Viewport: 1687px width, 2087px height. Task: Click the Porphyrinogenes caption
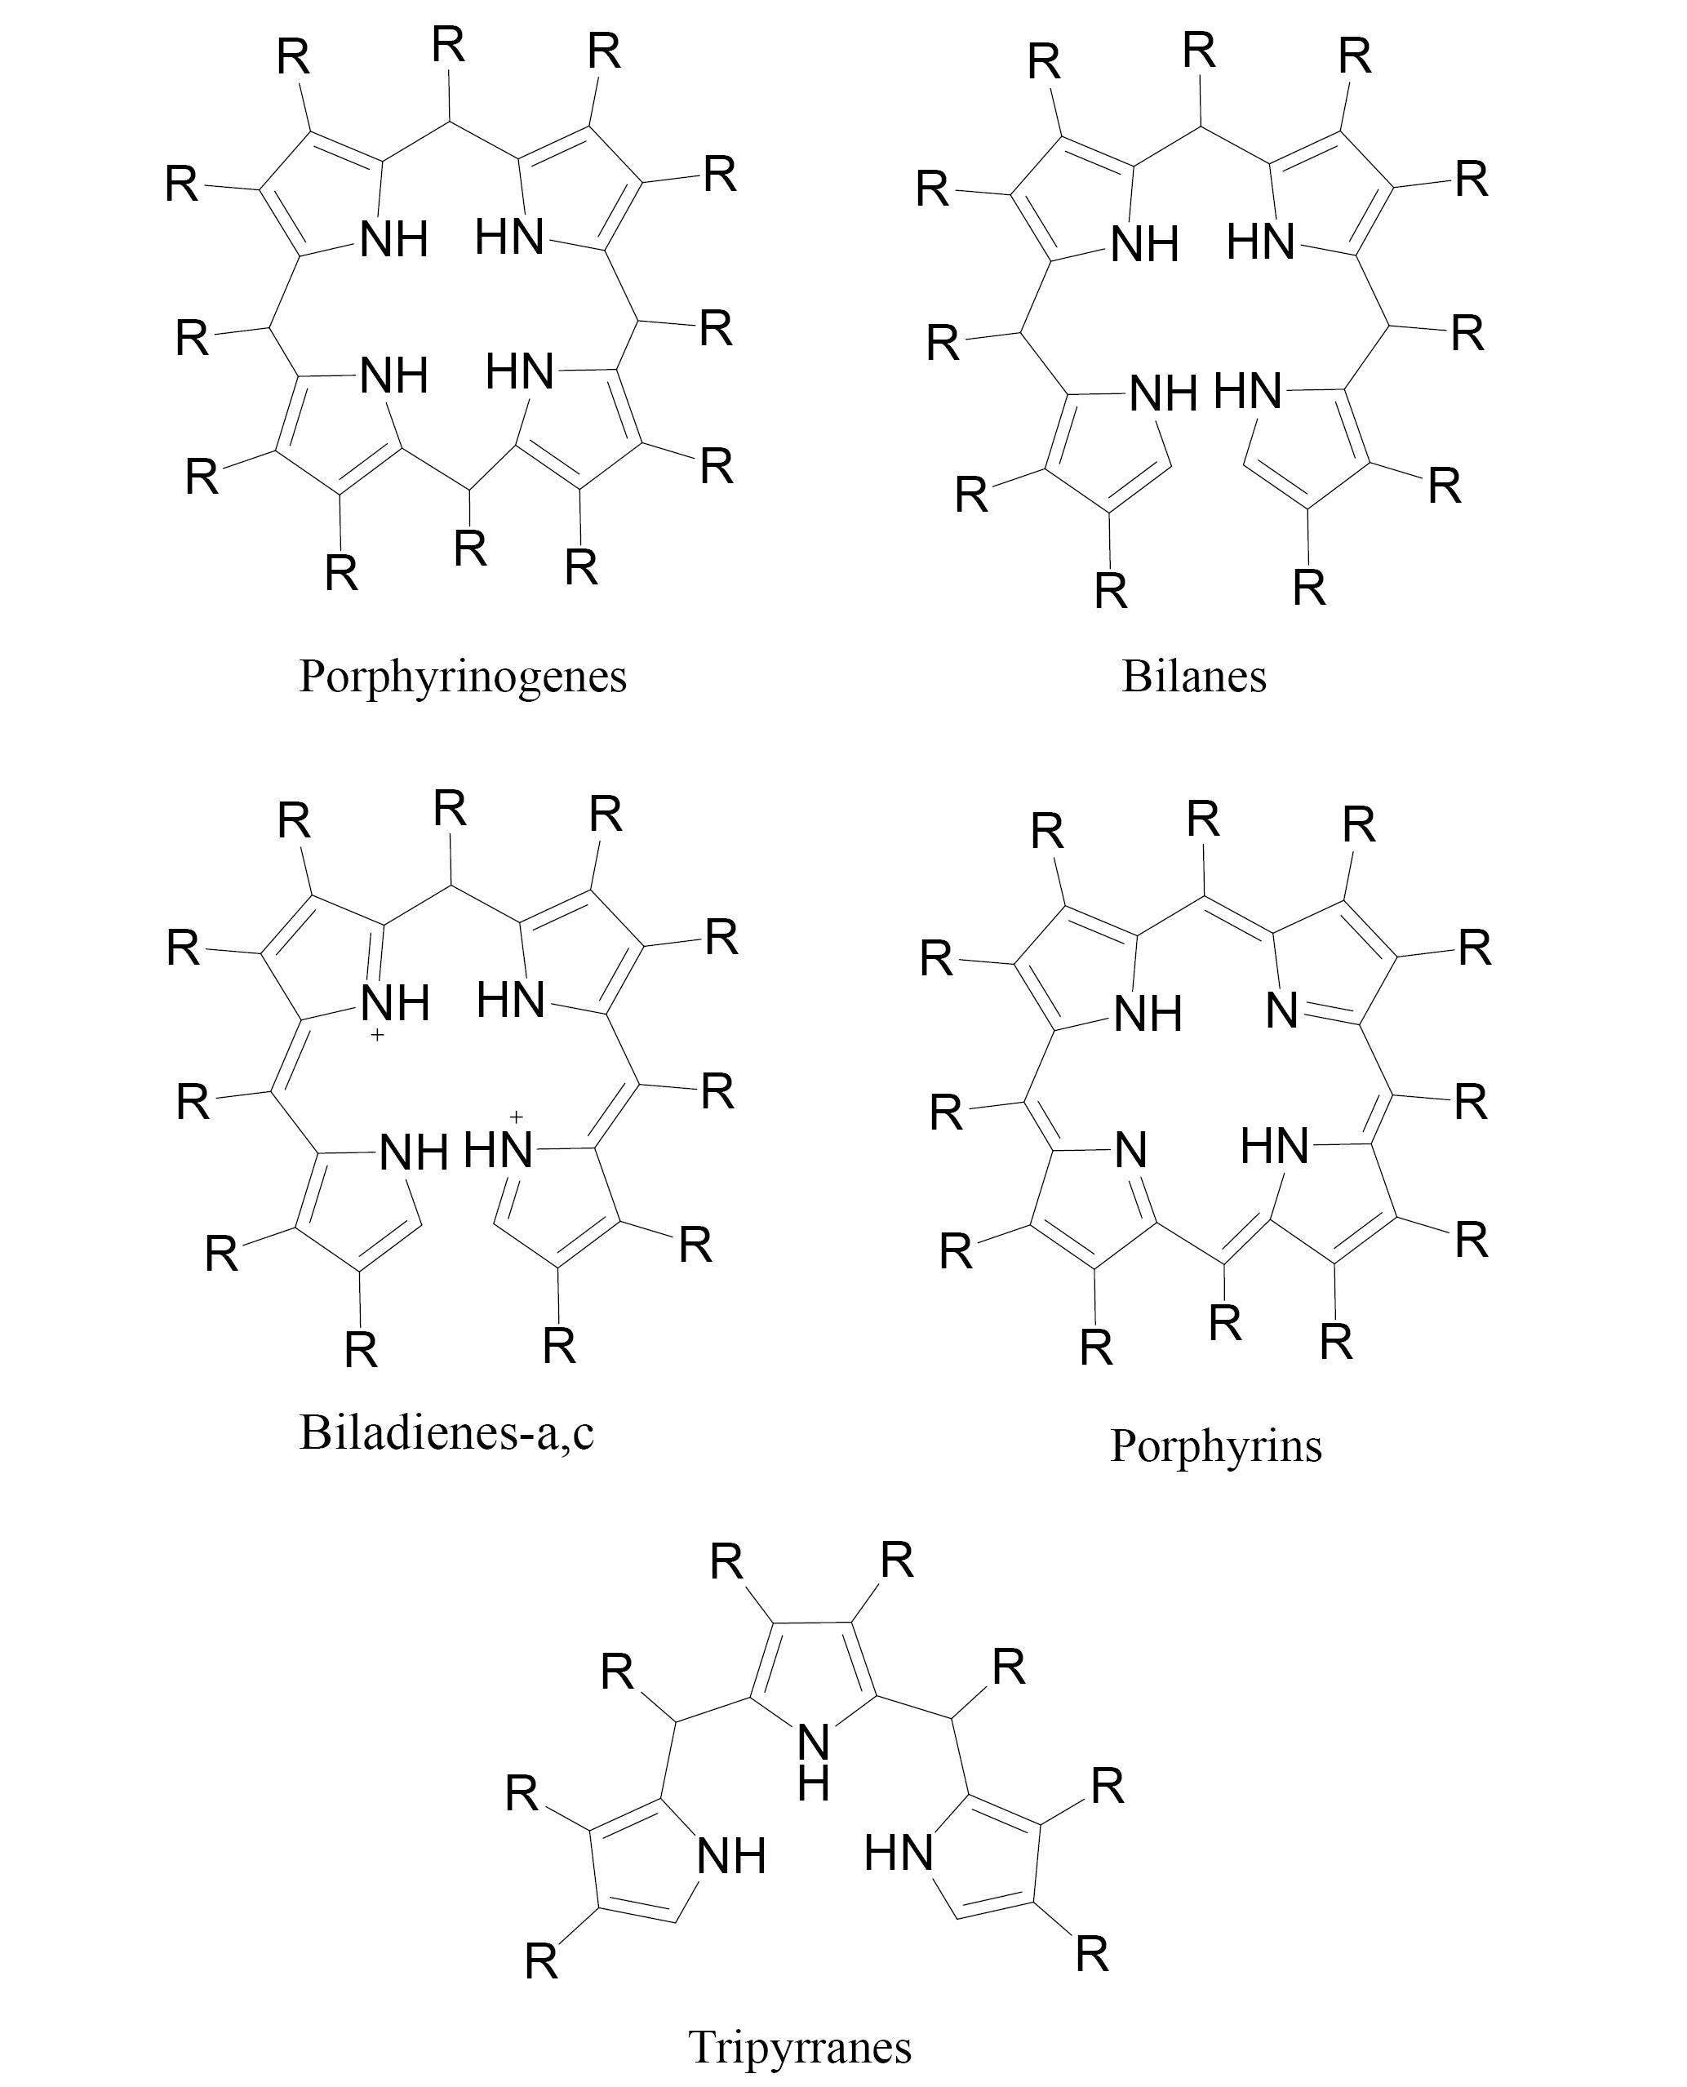click(x=463, y=677)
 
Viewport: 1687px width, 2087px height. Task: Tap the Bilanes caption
click(x=1193, y=677)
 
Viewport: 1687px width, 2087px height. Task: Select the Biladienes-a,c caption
click(x=446, y=1433)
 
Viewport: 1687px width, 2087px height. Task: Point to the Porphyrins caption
click(x=1216, y=1445)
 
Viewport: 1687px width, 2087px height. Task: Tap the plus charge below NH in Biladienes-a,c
click(x=377, y=1036)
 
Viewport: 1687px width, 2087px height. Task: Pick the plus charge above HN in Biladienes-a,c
click(x=516, y=1117)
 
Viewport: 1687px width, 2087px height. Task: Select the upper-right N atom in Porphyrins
click(x=1281, y=1011)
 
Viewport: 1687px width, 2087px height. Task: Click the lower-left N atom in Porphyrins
click(x=1130, y=1150)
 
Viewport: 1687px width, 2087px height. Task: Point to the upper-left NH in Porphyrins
click(x=1147, y=1015)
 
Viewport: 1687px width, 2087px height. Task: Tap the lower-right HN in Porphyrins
click(x=1274, y=1148)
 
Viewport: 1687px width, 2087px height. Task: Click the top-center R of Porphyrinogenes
click(x=449, y=46)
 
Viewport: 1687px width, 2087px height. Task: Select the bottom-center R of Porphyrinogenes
click(x=470, y=549)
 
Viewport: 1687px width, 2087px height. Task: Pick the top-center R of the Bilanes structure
click(x=1199, y=51)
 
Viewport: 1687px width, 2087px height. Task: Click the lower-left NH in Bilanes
click(x=1162, y=394)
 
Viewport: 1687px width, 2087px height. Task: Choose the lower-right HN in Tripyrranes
click(x=898, y=1853)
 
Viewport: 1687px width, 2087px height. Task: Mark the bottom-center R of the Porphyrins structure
click(x=1224, y=1323)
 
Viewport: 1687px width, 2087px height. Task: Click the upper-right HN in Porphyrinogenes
click(x=509, y=237)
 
